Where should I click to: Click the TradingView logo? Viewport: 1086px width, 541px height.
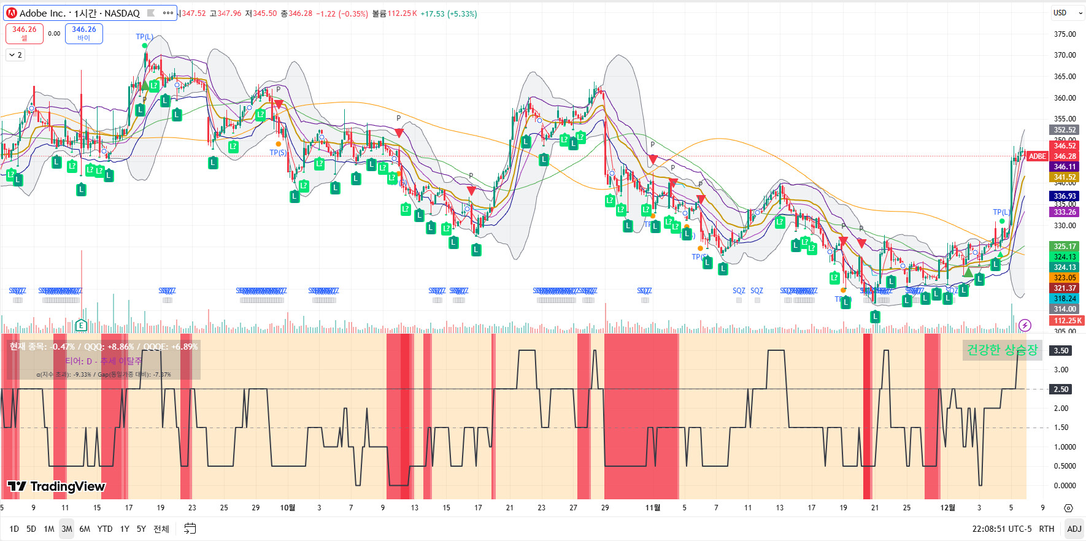click(56, 486)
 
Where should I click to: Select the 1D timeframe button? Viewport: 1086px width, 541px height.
click(14, 529)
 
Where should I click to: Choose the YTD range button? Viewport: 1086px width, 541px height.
click(105, 529)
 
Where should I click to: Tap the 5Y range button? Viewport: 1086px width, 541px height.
click(141, 529)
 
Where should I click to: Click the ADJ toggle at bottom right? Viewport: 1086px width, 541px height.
click(1074, 529)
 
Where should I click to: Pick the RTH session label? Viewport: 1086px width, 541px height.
click(1046, 529)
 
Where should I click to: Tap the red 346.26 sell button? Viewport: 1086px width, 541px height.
click(25, 33)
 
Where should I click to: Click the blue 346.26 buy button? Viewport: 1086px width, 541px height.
click(84, 33)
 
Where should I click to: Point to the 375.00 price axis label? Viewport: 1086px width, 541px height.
click(1065, 34)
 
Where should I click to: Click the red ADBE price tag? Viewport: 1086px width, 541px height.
click(1037, 156)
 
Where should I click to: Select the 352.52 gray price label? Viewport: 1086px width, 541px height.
click(1065, 130)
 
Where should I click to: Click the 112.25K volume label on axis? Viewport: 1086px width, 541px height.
click(1067, 321)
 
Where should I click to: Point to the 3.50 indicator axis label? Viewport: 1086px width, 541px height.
click(1061, 351)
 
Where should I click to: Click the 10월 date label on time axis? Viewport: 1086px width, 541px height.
click(287, 508)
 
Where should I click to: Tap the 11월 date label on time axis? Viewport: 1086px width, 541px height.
click(653, 508)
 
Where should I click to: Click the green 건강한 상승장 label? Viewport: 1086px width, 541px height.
click(1001, 350)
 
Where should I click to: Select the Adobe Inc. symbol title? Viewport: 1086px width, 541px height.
click(80, 13)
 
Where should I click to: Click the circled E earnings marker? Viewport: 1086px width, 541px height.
click(81, 325)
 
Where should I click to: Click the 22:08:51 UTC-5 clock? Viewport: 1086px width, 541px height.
click(1001, 529)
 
